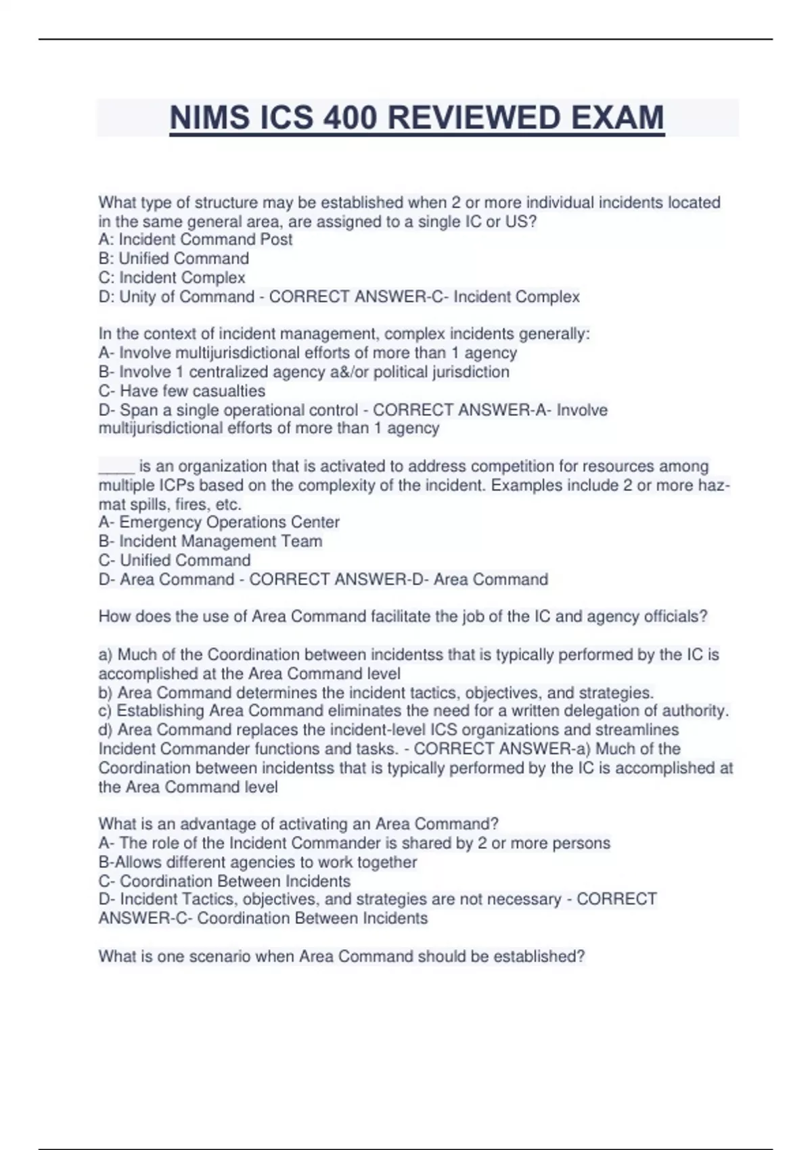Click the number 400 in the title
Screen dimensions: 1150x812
tap(349, 118)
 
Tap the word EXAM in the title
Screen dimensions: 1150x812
tap(618, 118)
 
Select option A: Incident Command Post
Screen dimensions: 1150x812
tap(196, 239)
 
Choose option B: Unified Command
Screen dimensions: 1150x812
tap(174, 258)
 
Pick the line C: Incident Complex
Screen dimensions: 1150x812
tap(172, 277)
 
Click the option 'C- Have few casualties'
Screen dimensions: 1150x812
tap(182, 391)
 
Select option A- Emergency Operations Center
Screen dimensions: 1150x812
tap(219, 522)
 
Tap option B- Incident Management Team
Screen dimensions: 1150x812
tap(210, 541)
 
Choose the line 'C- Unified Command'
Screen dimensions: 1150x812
tap(175, 560)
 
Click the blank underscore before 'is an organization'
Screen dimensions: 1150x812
tap(116, 467)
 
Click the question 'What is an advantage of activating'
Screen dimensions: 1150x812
tap(298, 824)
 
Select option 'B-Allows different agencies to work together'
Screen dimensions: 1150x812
tap(258, 862)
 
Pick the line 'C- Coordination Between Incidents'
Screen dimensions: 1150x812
tap(225, 881)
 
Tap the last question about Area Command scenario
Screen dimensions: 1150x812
tap(342, 957)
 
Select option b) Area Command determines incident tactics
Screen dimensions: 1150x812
tap(376, 693)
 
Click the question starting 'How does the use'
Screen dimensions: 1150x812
tap(403, 616)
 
